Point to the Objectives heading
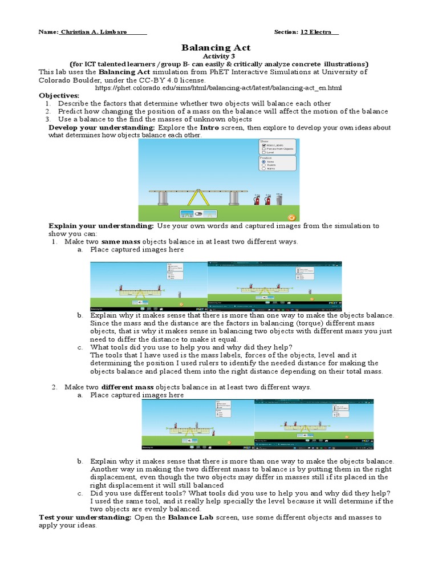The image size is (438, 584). click(x=59, y=95)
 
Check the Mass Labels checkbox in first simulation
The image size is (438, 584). click(x=263, y=145)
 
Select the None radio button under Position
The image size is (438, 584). click(x=263, y=161)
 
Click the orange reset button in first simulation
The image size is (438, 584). click(x=291, y=217)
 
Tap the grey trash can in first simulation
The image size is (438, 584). click(x=279, y=199)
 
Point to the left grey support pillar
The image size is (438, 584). click(x=163, y=198)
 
